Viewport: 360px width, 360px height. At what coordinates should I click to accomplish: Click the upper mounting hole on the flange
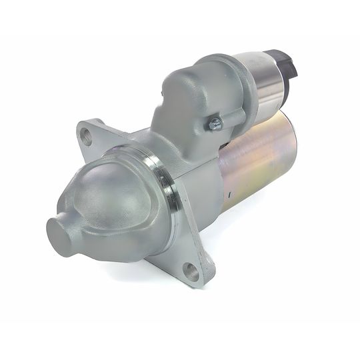(86, 136)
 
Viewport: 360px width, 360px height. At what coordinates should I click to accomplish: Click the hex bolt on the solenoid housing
(215, 123)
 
